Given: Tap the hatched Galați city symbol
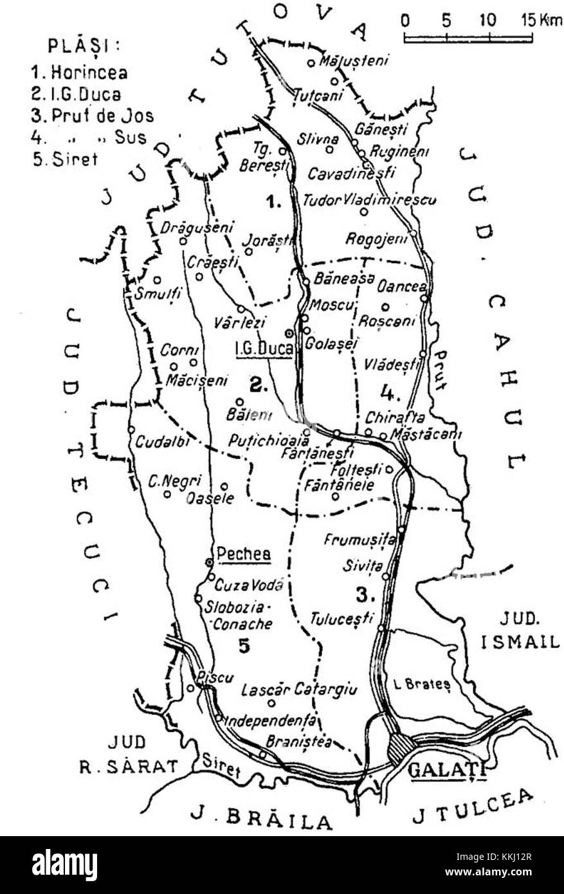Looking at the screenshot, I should [x=399, y=749].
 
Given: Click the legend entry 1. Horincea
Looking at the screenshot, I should [x=79, y=73].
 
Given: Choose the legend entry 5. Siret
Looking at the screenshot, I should [x=65, y=159].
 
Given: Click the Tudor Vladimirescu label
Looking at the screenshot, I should [x=370, y=199].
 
